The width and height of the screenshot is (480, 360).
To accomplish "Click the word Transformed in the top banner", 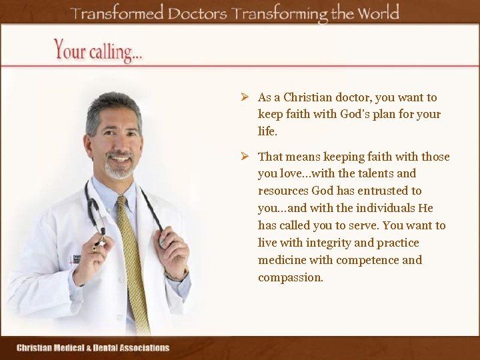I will (x=117, y=13).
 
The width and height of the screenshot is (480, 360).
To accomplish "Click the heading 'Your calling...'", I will (x=98, y=50).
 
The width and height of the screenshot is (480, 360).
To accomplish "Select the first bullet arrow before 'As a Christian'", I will (x=245, y=97).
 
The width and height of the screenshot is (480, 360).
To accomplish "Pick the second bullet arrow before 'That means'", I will (x=245, y=157).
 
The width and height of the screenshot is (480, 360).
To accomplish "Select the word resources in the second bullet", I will (x=283, y=191).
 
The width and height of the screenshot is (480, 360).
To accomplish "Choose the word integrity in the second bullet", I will (x=328, y=243).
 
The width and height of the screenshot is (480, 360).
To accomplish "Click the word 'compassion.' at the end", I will (x=291, y=277).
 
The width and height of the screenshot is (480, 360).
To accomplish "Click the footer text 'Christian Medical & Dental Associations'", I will (x=93, y=347).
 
